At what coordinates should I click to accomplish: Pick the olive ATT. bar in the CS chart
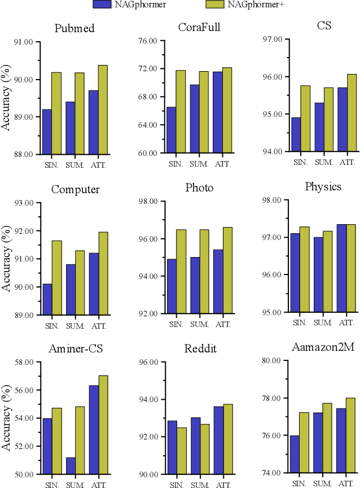352,113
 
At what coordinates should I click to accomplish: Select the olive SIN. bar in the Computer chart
57,277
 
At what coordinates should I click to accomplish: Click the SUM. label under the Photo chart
199,324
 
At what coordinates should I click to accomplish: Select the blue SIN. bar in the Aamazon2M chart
294,454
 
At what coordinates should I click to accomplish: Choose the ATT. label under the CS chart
346,162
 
